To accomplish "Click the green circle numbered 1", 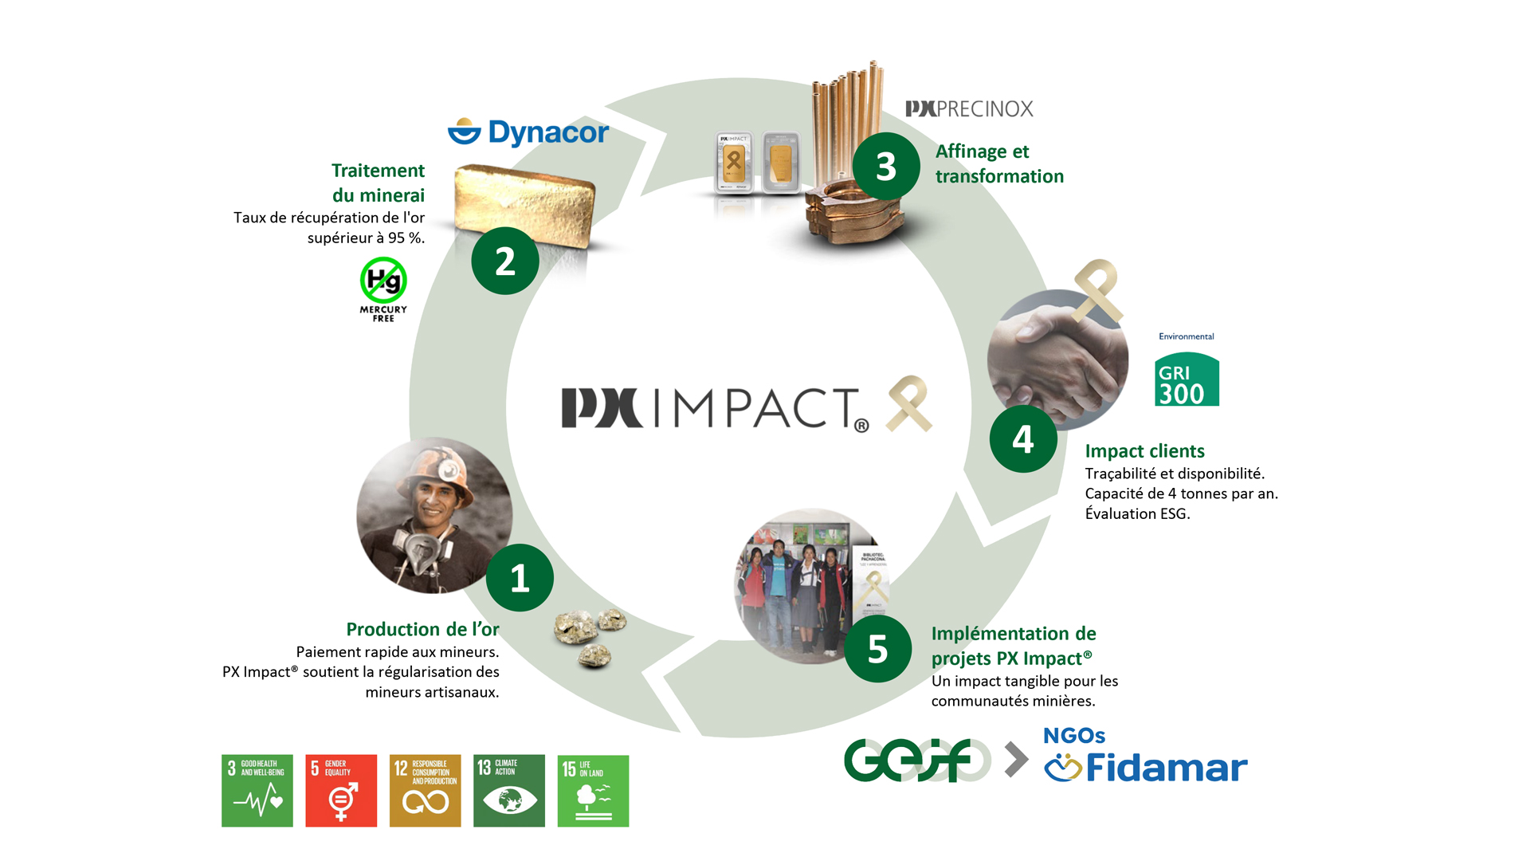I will [520, 578].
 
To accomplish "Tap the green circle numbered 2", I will [505, 261].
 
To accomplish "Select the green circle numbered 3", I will [886, 167].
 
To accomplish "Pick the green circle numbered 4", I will [1023, 439].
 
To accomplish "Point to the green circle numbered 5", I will [877, 649].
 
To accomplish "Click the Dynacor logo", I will [528, 132].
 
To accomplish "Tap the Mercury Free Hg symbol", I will [383, 281].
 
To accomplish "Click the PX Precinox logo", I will [969, 109].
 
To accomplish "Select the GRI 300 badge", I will [1187, 380].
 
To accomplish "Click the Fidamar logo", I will [1146, 767].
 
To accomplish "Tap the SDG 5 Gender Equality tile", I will [341, 790].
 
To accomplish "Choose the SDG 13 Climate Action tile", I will [509, 790].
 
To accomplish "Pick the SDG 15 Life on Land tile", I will [593, 790].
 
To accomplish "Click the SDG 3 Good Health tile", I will [257, 790].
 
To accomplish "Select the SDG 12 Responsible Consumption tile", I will [425, 790].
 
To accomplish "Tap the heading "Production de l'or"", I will [422, 629].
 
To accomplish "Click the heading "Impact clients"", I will [1144, 451].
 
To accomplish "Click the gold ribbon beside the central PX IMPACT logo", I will [909, 403].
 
